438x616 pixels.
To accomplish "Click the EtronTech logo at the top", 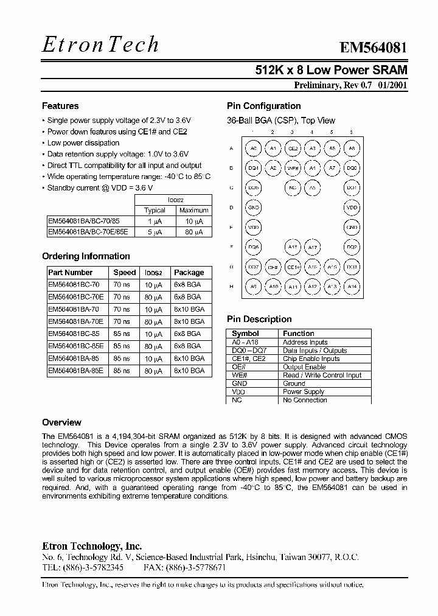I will (101, 44).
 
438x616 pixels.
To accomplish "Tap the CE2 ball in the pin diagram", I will (293, 148).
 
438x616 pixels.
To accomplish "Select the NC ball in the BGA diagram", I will (293, 188).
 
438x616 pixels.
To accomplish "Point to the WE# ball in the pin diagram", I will (293, 168).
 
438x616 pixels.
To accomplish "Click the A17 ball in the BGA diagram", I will (312, 248).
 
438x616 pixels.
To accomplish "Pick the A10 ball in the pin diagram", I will (273, 287).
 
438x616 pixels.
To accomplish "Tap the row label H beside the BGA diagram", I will (231, 287).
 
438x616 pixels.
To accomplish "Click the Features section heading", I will (60, 106).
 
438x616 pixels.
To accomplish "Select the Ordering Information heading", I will (86, 256).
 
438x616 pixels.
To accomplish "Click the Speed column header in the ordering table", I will (124, 273).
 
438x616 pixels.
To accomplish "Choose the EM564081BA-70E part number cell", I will (75, 321).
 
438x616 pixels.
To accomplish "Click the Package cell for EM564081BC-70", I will (187, 284).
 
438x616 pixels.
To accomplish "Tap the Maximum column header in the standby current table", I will (193, 210).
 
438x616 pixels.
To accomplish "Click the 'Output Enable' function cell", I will (304, 367).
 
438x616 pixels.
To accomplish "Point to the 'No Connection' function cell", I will (305, 400).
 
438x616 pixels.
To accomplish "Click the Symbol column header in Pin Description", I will (245, 334).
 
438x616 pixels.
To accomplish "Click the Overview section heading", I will (61, 422).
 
